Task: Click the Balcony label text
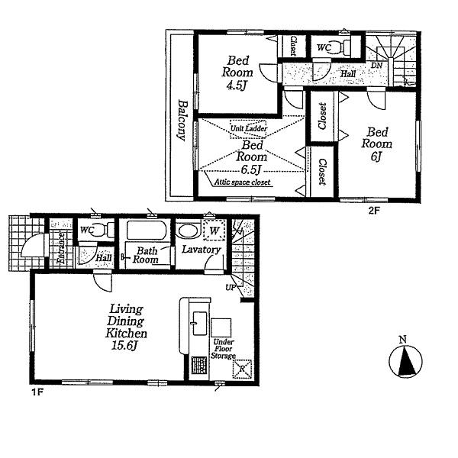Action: click(183, 121)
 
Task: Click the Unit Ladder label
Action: click(249, 129)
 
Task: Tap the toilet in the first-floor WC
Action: click(105, 230)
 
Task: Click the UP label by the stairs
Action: click(229, 288)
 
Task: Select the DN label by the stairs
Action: click(376, 66)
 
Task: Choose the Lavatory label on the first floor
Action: click(201, 250)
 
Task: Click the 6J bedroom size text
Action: click(377, 156)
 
